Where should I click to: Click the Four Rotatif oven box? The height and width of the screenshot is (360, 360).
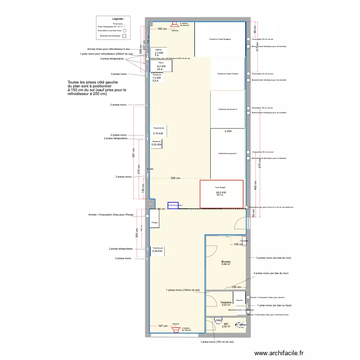point(221,193)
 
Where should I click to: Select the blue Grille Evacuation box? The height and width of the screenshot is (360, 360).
point(173,205)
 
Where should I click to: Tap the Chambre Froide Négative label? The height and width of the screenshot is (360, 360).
point(220,39)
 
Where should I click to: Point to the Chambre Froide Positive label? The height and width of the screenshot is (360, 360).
point(228,74)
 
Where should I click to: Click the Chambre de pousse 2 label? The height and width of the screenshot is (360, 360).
point(228,109)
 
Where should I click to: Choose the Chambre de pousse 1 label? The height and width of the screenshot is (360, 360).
point(228,154)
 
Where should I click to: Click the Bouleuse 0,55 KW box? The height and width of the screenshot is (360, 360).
point(156,143)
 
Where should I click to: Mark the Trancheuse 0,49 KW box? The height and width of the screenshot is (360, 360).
point(157,250)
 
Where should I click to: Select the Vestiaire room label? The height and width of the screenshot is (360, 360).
point(226,303)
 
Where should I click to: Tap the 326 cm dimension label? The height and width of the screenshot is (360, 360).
point(175,179)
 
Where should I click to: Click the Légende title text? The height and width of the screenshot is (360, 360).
point(118,18)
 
